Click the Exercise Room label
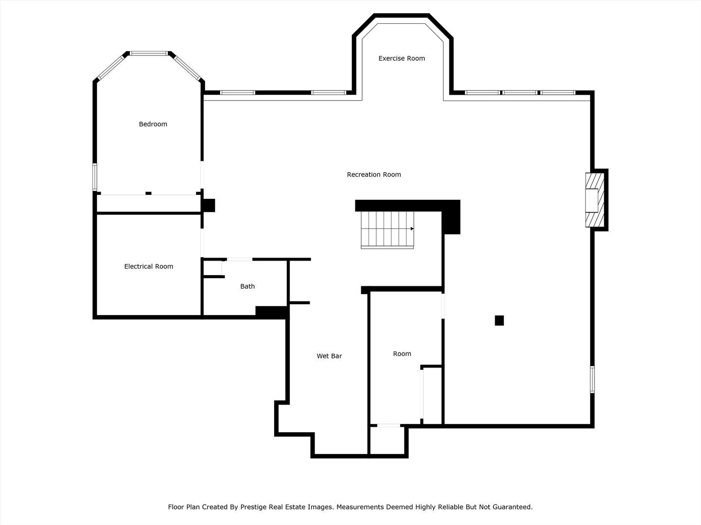point(402,58)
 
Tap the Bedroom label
point(153,124)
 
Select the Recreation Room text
point(374,175)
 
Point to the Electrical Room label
point(148,266)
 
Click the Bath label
point(247,286)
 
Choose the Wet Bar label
point(329,356)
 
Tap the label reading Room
point(402,354)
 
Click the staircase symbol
point(387,229)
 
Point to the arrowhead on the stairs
point(412,228)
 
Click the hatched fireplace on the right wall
point(595,200)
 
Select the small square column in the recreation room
point(499,320)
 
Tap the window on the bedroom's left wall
point(95,177)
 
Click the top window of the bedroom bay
point(149,53)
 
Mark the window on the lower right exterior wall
point(592,379)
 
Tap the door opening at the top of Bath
point(239,260)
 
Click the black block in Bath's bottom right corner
point(271,312)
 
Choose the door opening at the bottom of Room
point(388,426)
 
